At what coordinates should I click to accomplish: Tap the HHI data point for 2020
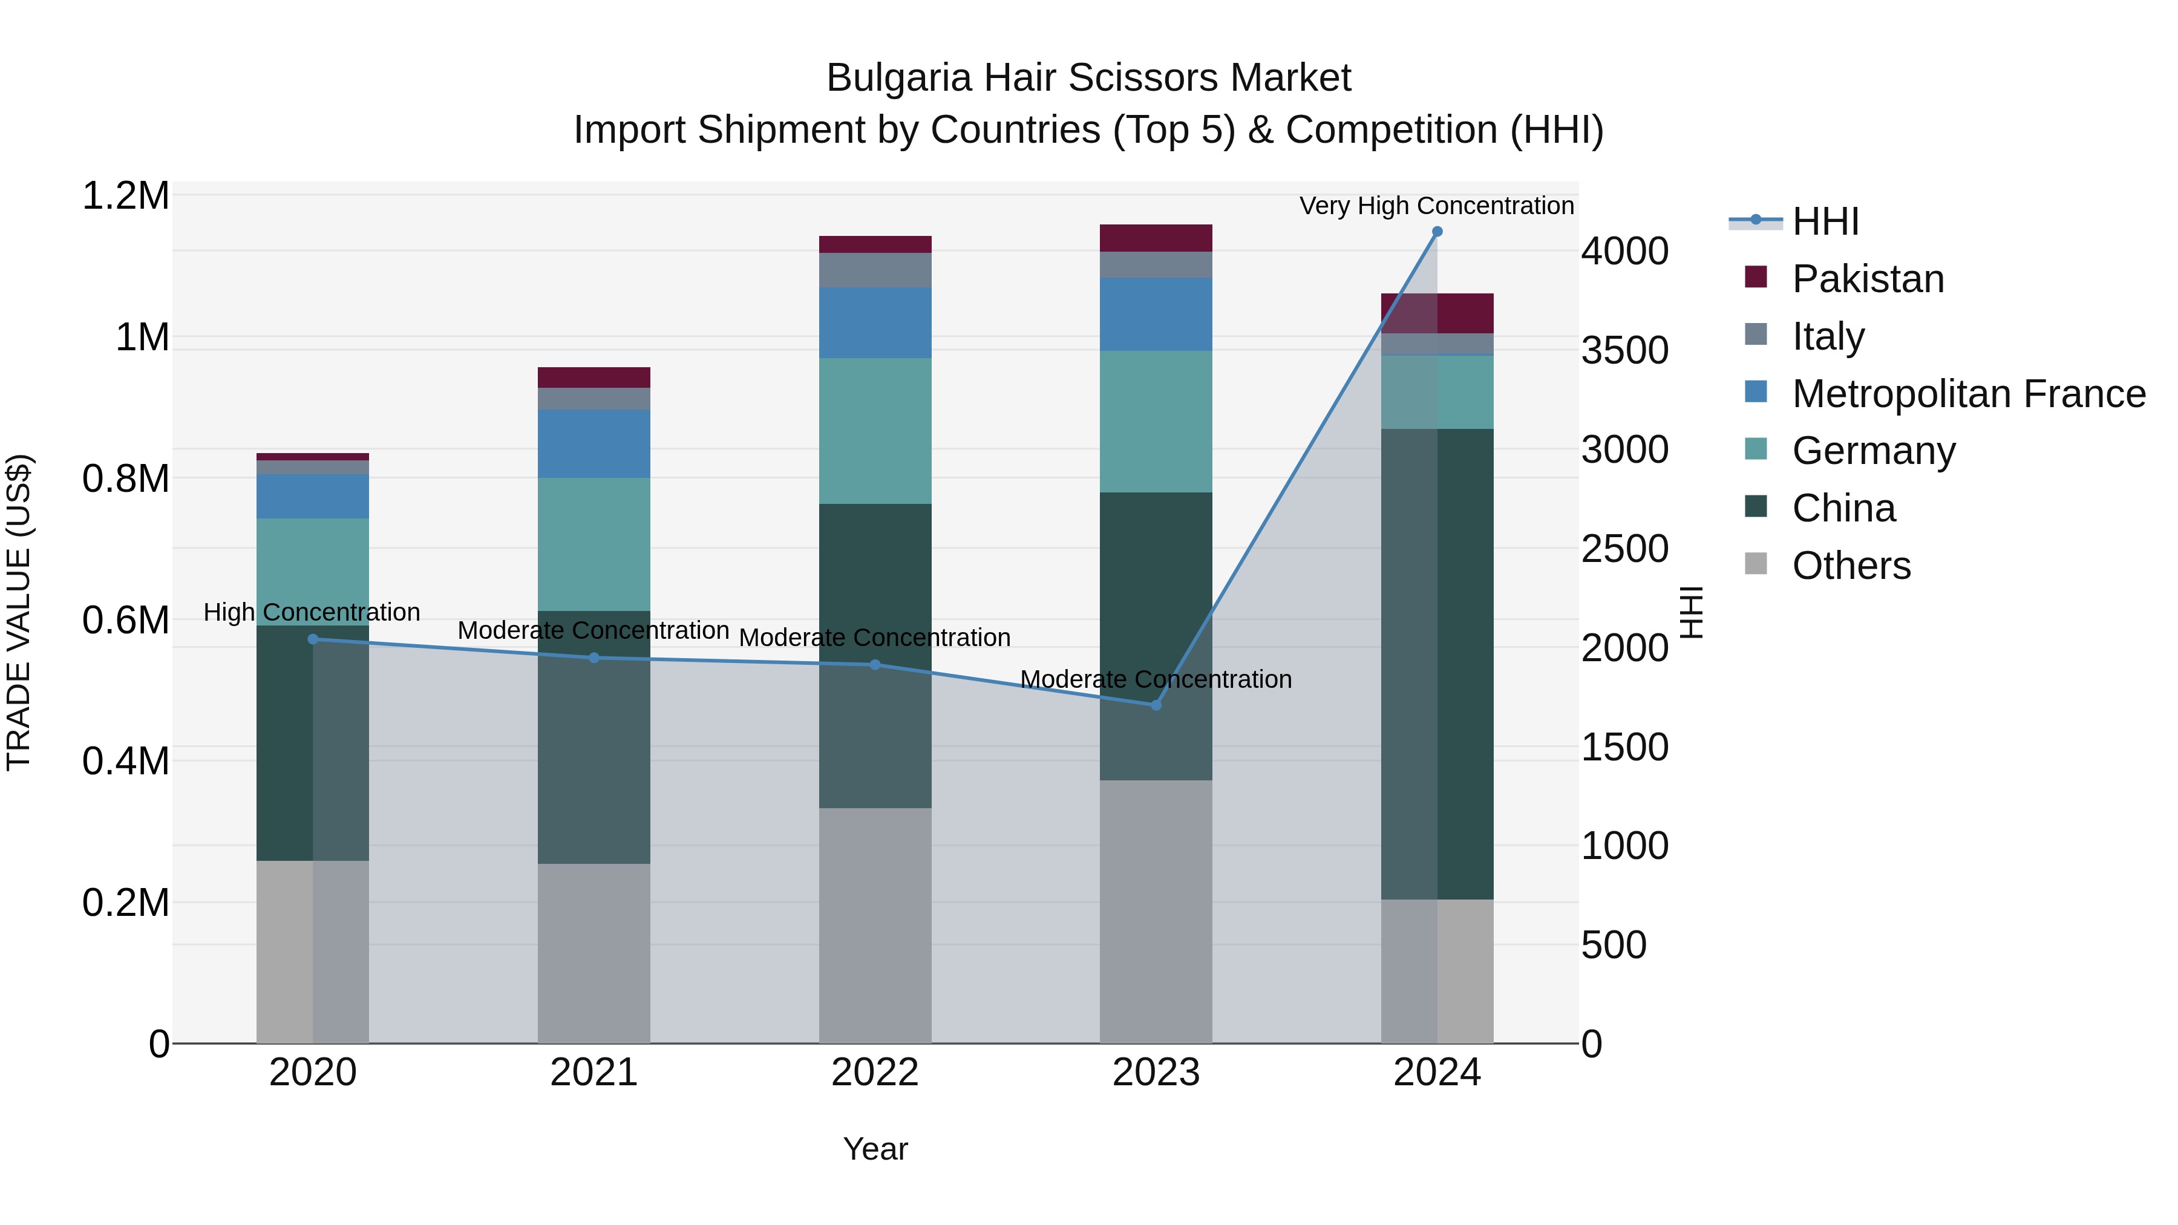[313, 639]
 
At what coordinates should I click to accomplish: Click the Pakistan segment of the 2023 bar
[1156, 238]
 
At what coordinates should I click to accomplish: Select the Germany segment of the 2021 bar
[594, 544]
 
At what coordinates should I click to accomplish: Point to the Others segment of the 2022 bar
[875, 925]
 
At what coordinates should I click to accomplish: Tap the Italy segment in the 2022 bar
[875, 270]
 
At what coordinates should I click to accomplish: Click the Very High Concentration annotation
[1436, 206]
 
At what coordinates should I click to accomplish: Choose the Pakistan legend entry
[1868, 279]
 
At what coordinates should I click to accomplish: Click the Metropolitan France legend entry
[1968, 394]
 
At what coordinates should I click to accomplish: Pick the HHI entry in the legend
[1825, 221]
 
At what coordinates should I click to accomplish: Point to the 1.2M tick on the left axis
[125, 196]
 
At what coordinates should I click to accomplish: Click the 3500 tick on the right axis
[1624, 350]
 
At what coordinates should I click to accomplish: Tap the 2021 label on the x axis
[594, 1073]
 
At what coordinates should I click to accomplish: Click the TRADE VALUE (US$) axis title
[19, 612]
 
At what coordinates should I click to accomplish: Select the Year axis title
[875, 1149]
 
